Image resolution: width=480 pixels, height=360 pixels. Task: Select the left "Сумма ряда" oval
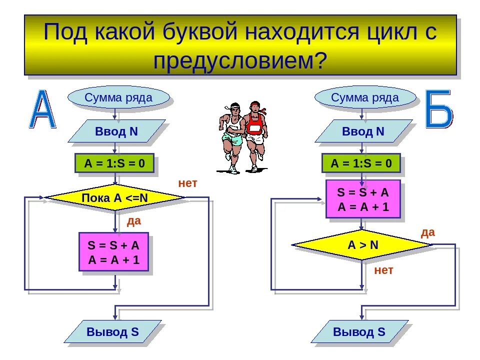click(x=118, y=97)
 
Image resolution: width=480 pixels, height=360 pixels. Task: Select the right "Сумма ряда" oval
click(x=365, y=97)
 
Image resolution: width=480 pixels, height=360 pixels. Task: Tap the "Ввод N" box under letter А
click(x=116, y=131)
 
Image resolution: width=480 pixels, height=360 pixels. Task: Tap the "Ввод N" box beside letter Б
click(x=363, y=131)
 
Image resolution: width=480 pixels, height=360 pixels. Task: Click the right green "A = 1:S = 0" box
click(x=361, y=163)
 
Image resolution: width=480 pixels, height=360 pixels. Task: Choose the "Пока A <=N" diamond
click(x=115, y=197)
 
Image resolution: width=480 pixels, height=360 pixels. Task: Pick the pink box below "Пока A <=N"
click(x=113, y=251)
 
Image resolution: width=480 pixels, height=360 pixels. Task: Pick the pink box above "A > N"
click(x=363, y=199)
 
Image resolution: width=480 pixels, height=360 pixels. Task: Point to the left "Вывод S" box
click(x=113, y=332)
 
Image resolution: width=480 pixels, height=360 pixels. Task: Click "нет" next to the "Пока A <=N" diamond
click(x=188, y=183)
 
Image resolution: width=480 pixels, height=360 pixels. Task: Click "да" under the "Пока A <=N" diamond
click(x=134, y=221)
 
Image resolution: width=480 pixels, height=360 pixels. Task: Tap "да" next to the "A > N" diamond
click(x=428, y=232)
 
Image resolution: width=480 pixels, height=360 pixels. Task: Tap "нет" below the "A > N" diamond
click(x=384, y=270)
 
